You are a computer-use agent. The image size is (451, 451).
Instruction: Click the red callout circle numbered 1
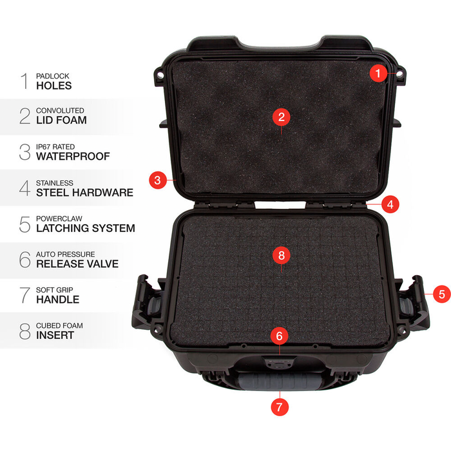point(379,73)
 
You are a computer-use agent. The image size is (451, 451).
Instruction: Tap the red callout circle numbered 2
point(282,117)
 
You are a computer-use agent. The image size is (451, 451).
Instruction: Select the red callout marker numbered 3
point(157,180)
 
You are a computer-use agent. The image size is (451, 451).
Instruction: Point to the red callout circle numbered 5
point(441,294)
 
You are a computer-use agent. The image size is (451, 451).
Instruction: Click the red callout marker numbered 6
point(279,336)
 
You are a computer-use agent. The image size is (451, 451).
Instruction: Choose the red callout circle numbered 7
point(279,407)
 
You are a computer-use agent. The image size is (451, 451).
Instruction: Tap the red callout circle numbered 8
point(282,255)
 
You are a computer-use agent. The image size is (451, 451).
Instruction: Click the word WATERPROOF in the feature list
point(73,156)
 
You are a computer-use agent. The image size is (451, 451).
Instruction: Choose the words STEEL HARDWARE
point(84,192)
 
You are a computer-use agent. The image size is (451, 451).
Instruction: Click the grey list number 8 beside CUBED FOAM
point(25,331)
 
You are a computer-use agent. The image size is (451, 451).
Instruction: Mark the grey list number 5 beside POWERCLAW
point(25,224)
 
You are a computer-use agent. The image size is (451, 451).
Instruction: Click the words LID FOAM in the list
point(61,120)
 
